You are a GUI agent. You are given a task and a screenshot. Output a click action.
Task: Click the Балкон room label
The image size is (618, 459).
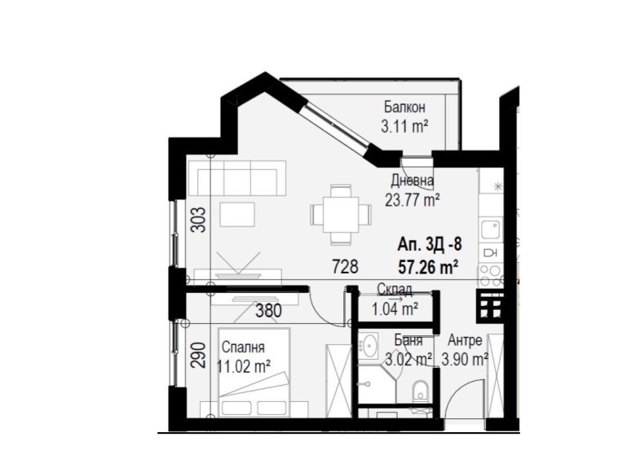point(404,107)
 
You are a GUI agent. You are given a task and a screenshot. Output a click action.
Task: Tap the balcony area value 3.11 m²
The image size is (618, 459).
point(404,126)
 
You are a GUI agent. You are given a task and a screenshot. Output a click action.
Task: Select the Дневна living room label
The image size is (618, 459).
point(412,181)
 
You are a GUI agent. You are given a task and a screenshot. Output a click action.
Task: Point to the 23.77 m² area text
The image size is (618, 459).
point(413,198)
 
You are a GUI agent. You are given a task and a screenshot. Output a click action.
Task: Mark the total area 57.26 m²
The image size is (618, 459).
point(427,264)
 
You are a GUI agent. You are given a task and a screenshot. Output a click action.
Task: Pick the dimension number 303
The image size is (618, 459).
point(203,219)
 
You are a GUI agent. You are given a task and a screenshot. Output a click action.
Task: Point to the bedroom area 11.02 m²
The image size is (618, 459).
point(244,365)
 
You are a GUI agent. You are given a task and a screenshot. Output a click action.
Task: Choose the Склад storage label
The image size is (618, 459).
point(395,290)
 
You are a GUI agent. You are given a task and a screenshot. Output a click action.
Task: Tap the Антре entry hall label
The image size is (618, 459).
point(465,341)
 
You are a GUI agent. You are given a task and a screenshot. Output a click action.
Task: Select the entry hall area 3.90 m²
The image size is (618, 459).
point(465,359)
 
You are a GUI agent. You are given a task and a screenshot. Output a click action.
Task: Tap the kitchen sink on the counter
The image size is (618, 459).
point(491,229)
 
